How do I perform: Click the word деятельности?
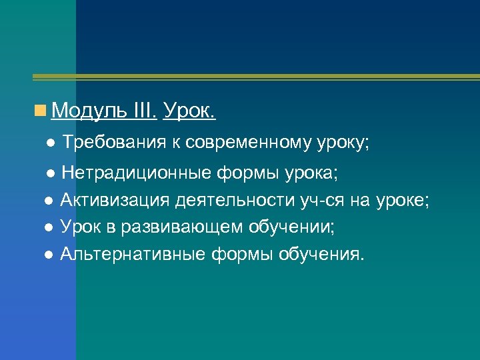(x=227, y=201)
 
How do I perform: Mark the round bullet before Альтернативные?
(x=48, y=255)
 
